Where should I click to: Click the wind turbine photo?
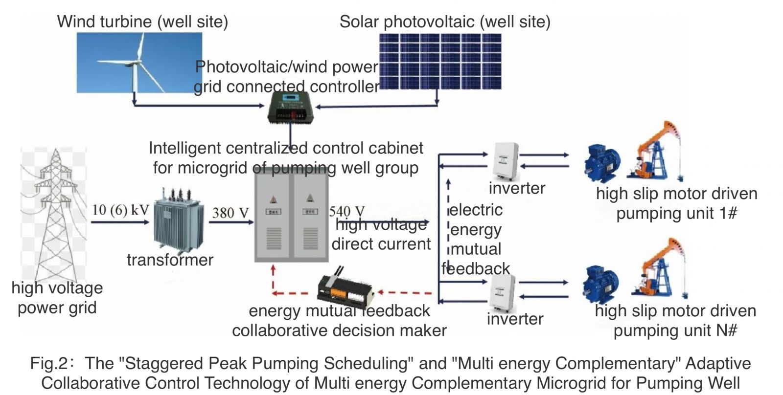tap(139, 63)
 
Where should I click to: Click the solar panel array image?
tap(440, 62)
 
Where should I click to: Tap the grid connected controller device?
tap(291, 109)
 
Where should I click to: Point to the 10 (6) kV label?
tap(120, 210)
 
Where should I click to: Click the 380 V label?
tap(230, 213)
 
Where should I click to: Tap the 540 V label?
tap(346, 211)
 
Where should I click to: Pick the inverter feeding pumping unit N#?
tap(503, 292)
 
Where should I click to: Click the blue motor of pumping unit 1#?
tap(602, 163)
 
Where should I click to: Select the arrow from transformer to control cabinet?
tap(230, 222)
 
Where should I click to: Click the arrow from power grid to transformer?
tap(120, 222)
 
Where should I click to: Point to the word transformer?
tap(170, 260)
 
